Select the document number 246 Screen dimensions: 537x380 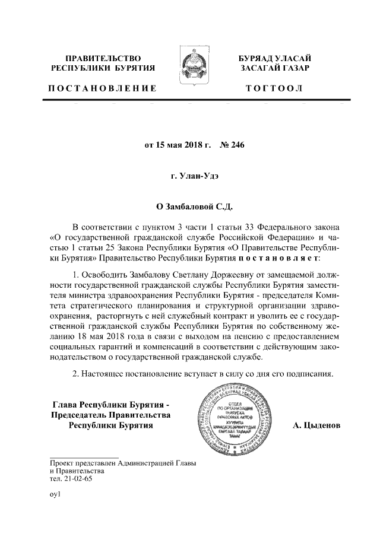[x=236, y=145]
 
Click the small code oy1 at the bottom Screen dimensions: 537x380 [x=56, y=493]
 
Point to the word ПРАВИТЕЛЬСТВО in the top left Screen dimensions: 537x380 [x=102, y=58]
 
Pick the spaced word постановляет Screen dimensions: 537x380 [x=278, y=259]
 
